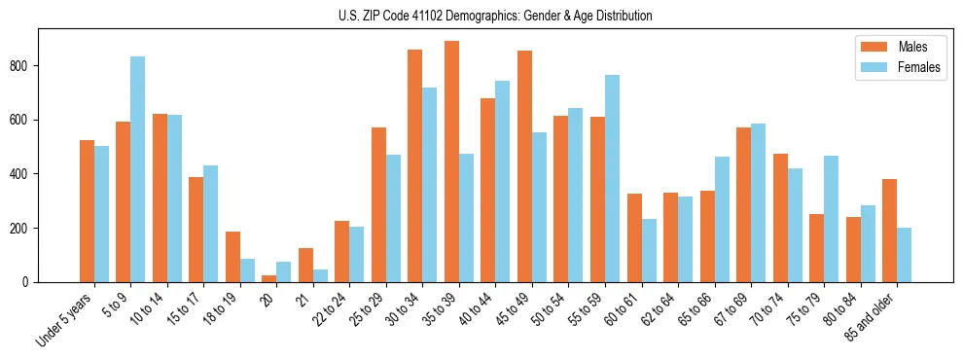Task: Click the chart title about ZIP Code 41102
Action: pos(481,16)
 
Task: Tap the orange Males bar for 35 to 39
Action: pos(451,162)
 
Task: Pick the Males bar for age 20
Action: pos(269,278)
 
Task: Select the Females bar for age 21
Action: pos(320,275)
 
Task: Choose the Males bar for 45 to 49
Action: pos(524,166)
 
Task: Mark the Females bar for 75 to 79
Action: pos(831,219)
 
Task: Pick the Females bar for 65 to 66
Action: pos(722,220)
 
